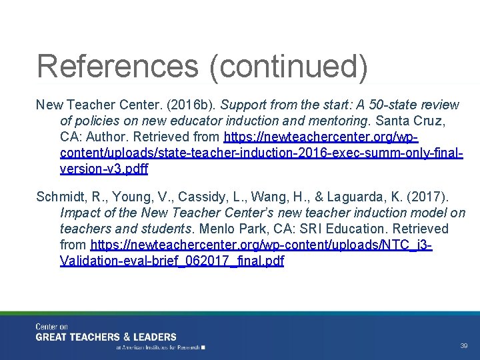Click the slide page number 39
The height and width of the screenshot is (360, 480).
pos(463,346)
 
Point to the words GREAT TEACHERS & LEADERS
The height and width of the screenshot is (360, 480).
pos(106,337)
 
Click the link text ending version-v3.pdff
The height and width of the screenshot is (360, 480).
pos(104,169)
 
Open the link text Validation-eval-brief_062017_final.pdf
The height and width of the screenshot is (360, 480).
pos(172,261)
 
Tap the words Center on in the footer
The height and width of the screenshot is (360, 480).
pos(52,327)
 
